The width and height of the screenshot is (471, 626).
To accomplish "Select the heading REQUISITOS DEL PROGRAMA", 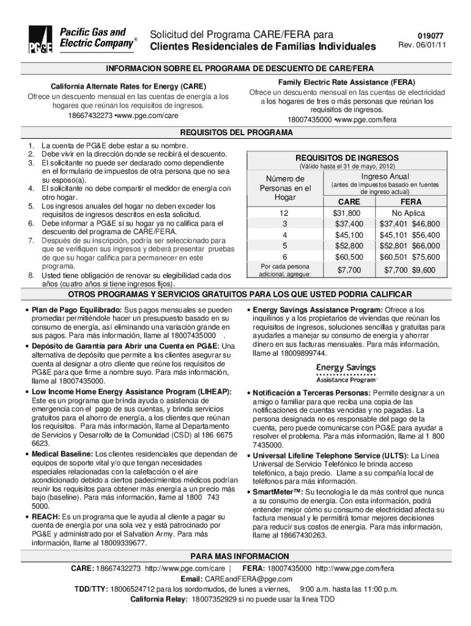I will coord(236,133).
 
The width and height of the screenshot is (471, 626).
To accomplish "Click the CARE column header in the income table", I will coord(346,201).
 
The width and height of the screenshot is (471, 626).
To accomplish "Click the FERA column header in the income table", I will coord(410,201).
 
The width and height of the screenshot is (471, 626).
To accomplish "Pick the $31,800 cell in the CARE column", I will coord(346,213).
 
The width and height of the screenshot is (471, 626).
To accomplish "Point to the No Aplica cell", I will coord(410,213).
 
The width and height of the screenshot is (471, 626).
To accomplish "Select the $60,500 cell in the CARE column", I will coord(347,257).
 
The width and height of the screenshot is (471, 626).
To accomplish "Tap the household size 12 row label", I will coord(283,213).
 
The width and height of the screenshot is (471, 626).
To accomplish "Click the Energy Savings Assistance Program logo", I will coord(346,371).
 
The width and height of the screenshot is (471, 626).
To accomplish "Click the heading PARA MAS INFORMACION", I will coord(236,556).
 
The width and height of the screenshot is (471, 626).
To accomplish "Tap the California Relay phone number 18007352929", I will coord(213,600).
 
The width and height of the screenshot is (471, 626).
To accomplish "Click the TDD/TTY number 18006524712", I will coord(133,589).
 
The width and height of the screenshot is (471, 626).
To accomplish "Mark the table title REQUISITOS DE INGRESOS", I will coord(346,157).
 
